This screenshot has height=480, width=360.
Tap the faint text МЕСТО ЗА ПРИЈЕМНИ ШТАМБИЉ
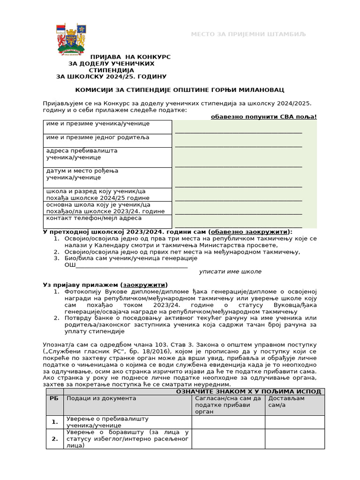pos(248,34)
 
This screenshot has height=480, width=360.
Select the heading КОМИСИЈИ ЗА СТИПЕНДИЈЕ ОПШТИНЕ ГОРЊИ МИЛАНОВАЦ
pos(180,90)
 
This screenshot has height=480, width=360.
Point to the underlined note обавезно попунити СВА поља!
pos(264,117)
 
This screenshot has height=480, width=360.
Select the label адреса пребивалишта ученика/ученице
pos(82,154)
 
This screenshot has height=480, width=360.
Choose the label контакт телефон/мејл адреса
pos(94,218)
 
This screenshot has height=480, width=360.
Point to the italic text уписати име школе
pos(230,271)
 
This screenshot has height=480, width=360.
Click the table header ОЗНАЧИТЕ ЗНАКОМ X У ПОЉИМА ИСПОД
pos(248,391)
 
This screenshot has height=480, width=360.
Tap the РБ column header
pos(54,398)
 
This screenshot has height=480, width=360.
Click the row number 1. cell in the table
pos(55,422)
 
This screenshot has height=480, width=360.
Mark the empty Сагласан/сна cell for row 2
pos(228,439)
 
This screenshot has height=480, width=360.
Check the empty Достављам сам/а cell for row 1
pos(294,422)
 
